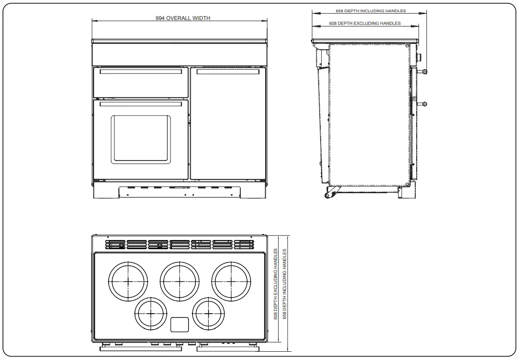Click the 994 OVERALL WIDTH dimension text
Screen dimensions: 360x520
[x=183, y=18]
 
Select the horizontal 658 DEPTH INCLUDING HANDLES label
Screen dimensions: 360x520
[x=370, y=11]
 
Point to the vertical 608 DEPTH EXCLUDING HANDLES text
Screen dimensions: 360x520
[x=276, y=284]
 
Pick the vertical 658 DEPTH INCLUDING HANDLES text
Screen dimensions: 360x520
[x=285, y=284]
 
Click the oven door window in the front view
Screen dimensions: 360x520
[x=141, y=139]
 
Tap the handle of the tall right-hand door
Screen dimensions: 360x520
[x=228, y=72]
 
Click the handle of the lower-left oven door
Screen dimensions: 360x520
[x=141, y=103]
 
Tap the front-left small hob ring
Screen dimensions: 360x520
[x=151, y=312]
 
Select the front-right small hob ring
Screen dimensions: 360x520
[x=209, y=312]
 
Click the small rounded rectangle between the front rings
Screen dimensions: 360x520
[x=179, y=325]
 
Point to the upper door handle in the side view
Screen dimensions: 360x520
[x=425, y=72]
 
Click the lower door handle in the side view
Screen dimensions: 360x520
[x=425, y=103]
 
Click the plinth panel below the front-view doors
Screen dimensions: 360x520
[x=179, y=191]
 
